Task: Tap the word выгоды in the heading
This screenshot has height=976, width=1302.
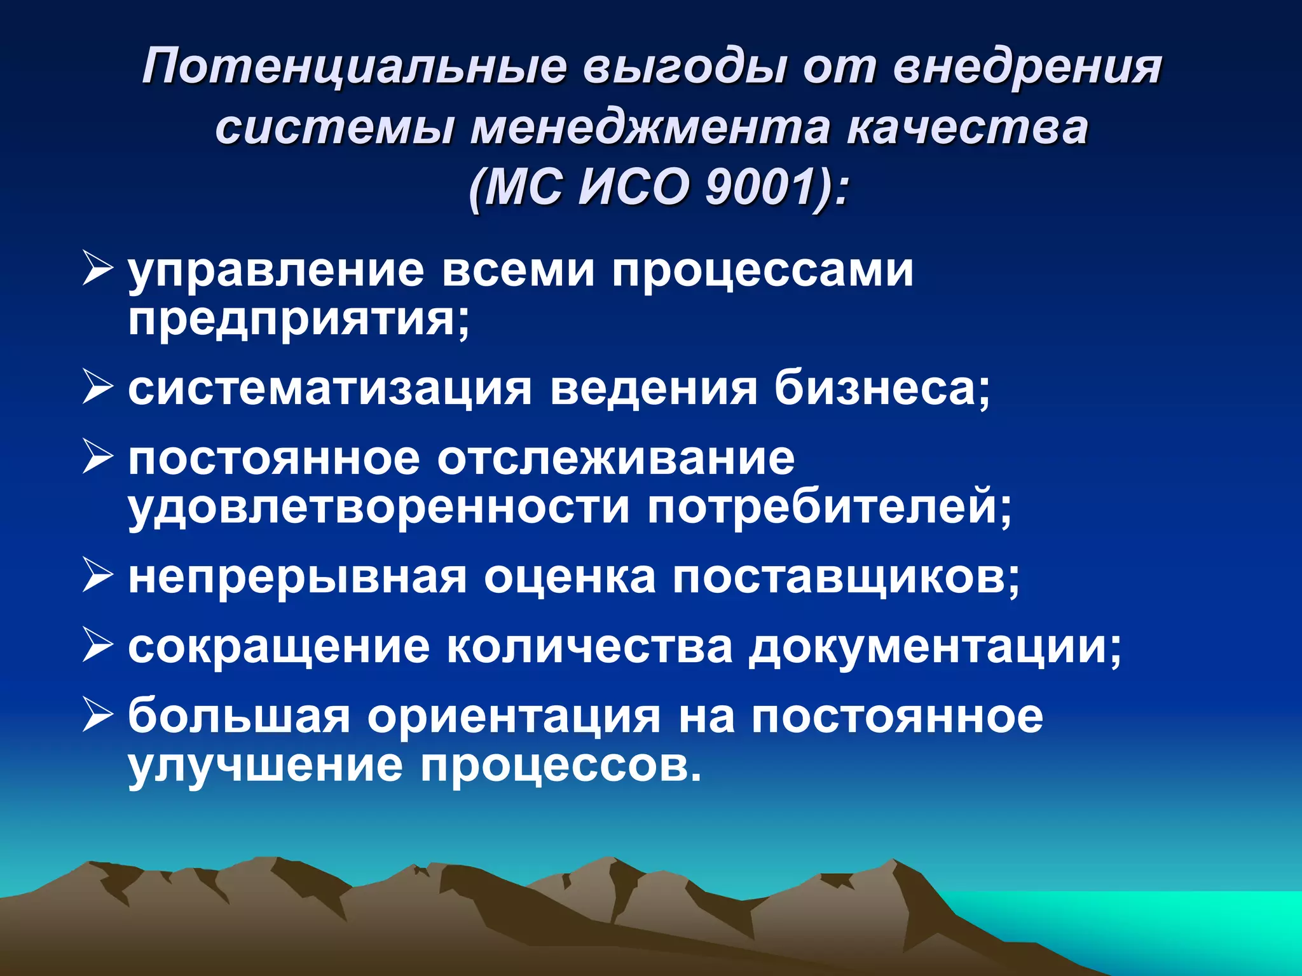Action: pyautogui.click(x=684, y=67)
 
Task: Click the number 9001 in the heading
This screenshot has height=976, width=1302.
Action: pyautogui.click(x=760, y=188)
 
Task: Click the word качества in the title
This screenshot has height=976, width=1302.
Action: pyautogui.click(x=967, y=128)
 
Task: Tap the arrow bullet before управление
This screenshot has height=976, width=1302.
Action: pyautogui.click(x=97, y=269)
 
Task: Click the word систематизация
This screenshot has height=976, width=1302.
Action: pyautogui.click(x=329, y=388)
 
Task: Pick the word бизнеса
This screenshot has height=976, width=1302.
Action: pyautogui.click(x=881, y=388)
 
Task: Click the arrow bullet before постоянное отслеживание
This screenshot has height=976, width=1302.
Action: pyautogui.click(x=97, y=457)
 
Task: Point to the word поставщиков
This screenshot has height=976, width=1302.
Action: pyautogui.click(x=846, y=578)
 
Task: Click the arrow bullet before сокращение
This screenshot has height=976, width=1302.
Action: pyautogui.click(x=97, y=646)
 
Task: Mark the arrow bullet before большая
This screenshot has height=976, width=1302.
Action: pyautogui.click(x=97, y=715)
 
